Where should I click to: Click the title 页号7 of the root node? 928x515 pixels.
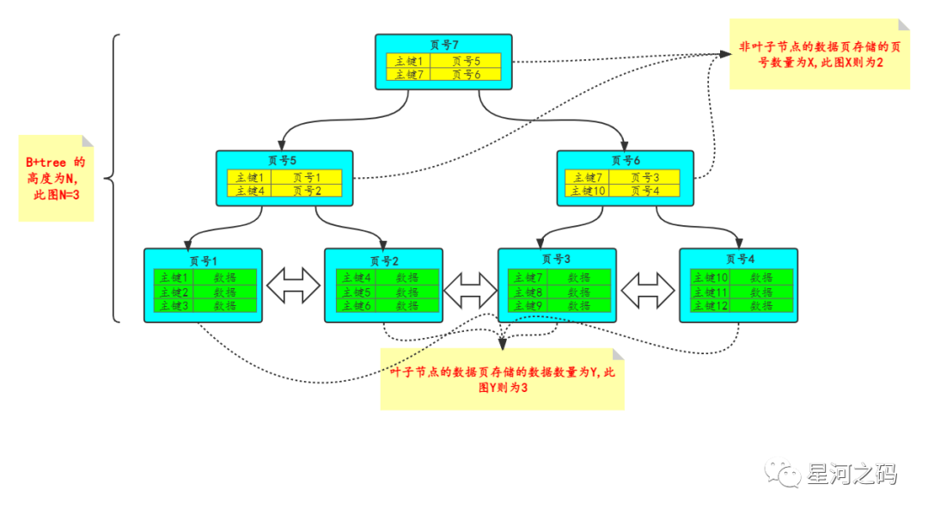[443, 44]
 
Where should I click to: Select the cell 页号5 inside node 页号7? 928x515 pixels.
[465, 61]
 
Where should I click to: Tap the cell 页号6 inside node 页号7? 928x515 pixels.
[465, 74]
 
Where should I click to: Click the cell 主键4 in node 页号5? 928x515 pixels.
[249, 190]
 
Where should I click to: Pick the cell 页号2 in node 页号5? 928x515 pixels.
[306, 190]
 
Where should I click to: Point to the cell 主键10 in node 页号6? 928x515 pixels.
[589, 190]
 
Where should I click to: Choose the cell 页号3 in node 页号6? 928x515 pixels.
[645, 177]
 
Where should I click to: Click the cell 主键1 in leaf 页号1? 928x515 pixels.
[173, 278]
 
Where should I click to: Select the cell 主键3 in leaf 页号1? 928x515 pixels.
[173, 305]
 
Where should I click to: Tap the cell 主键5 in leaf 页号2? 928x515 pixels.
[355, 291]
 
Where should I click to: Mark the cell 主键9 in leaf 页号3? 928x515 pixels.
[527, 305]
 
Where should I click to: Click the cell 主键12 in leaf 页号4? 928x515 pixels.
[710, 305]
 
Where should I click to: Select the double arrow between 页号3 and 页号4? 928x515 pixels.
[648, 290]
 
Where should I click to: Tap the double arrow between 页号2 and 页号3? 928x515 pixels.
[471, 290]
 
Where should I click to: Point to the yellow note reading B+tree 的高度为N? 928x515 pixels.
[56, 178]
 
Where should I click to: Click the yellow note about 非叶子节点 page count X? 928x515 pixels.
[818, 55]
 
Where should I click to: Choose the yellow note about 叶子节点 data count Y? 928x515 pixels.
[502, 379]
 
